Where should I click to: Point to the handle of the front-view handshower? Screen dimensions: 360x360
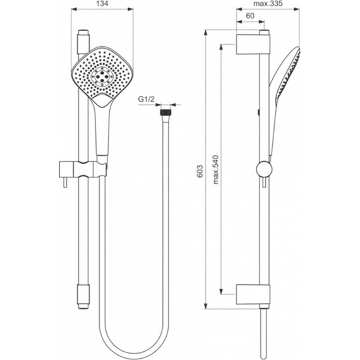point(101,129)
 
